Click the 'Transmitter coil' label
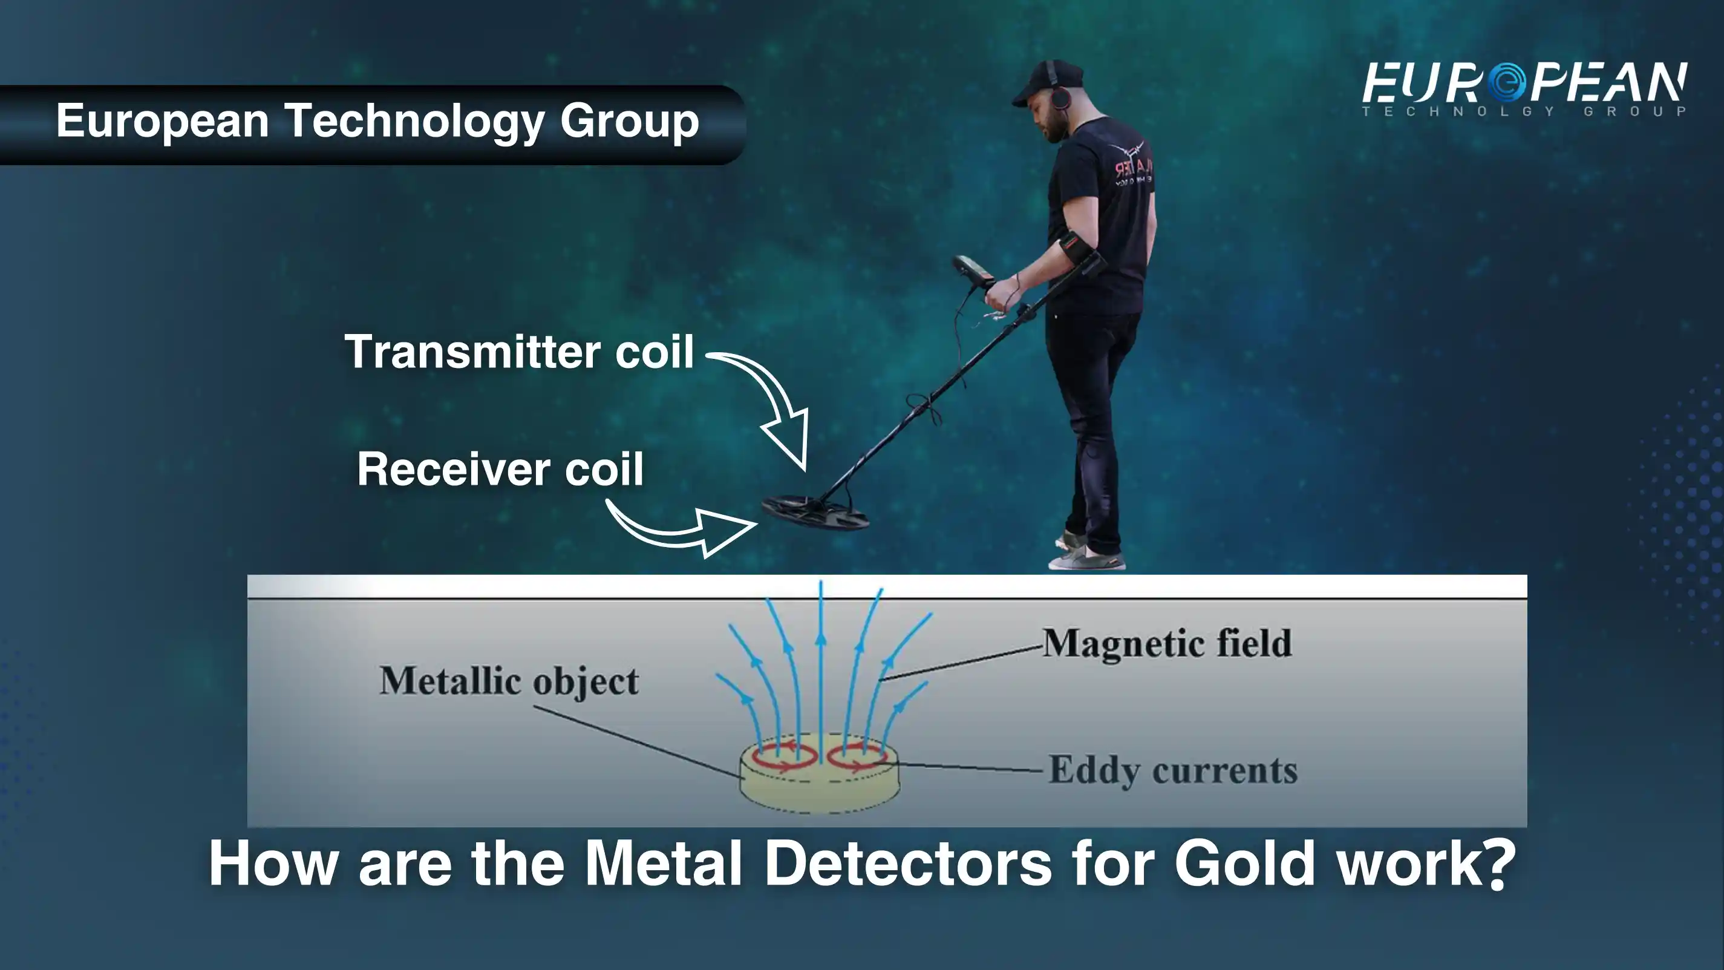pos(518,351)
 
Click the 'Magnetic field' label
pos(1167,643)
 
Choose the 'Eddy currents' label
pos(1172,770)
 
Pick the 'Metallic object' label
pos(509,681)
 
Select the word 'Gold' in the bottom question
pos(1245,863)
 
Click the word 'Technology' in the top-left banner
pos(416,122)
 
